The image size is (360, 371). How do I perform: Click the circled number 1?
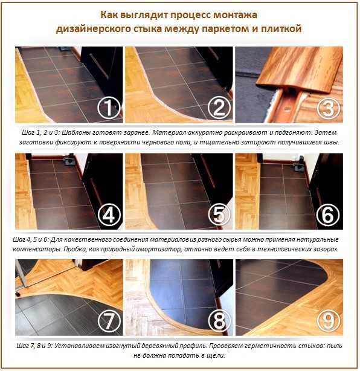tap(109, 108)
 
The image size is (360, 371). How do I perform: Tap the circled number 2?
tap(219, 108)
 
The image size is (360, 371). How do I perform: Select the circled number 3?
tap(329, 108)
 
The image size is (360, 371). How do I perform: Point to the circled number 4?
tap(109, 215)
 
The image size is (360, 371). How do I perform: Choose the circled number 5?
tap(219, 215)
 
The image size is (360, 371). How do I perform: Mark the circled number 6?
tap(329, 215)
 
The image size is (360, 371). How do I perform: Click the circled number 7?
tap(109, 321)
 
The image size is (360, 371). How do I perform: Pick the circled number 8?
tap(219, 321)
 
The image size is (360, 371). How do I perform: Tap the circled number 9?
tap(329, 321)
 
